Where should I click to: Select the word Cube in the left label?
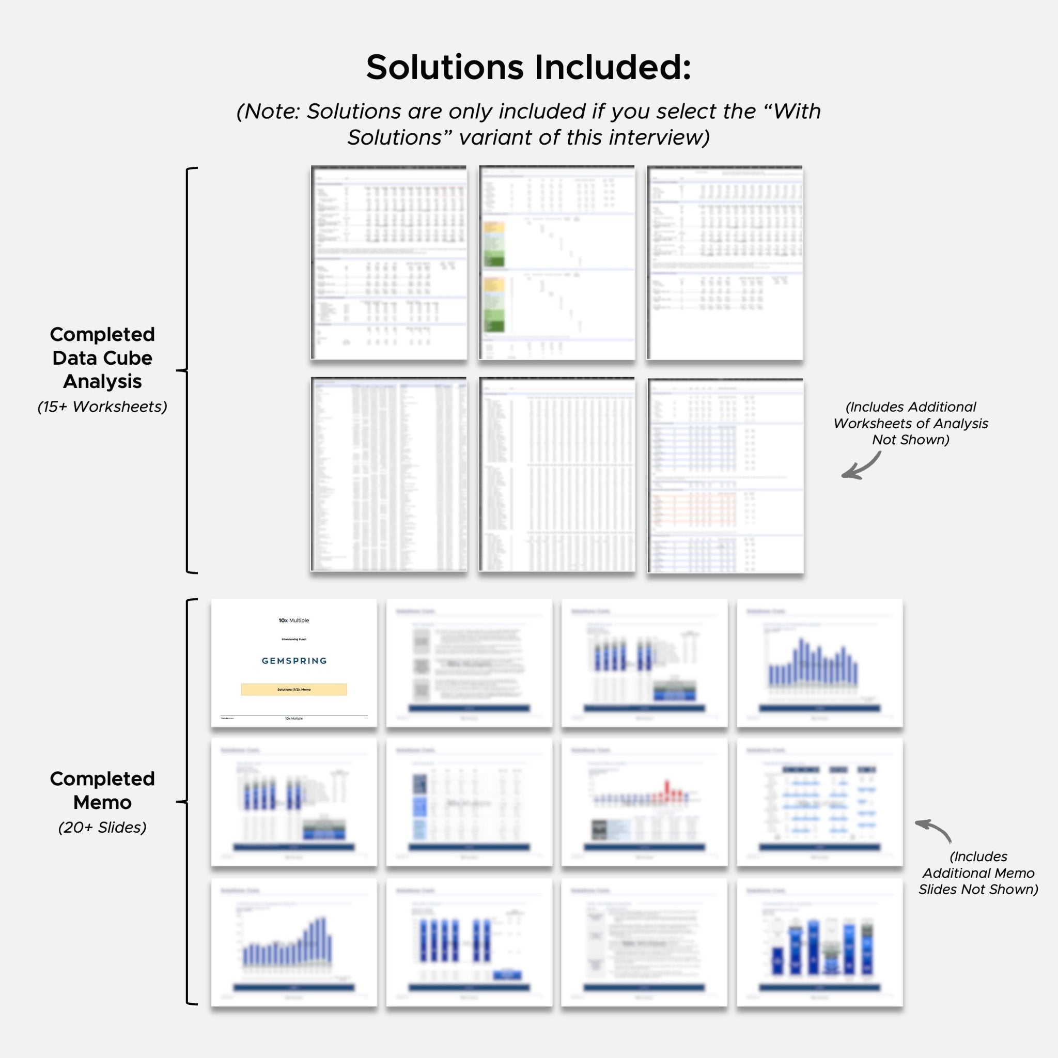click(129, 358)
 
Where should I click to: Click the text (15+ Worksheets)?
click(102, 407)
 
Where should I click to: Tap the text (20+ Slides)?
click(102, 827)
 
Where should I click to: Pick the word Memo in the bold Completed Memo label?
click(102, 802)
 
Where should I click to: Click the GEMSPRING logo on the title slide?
click(294, 661)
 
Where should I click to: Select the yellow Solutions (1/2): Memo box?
click(294, 690)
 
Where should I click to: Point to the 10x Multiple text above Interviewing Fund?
click(293, 620)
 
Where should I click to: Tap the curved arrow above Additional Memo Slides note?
click(934, 829)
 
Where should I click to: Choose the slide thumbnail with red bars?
click(644, 802)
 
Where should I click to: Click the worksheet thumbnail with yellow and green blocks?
click(557, 263)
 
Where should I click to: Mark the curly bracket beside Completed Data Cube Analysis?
click(188, 370)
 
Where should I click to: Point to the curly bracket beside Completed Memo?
click(188, 802)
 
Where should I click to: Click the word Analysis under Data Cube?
click(102, 381)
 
